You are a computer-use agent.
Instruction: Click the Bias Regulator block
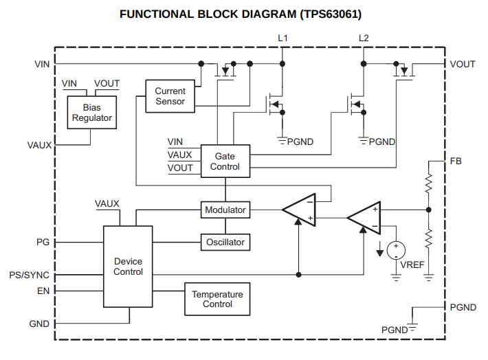click(x=92, y=113)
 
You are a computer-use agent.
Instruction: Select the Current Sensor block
click(x=170, y=96)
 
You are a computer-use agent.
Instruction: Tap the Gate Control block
click(x=225, y=161)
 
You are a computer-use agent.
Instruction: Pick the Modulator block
click(x=225, y=210)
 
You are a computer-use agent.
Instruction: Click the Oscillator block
click(x=225, y=243)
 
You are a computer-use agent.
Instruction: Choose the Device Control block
click(x=128, y=267)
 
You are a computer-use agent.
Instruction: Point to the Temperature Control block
click(x=217, y=300)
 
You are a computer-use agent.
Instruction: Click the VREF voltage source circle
click(x=396, y=250)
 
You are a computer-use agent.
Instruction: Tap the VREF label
click(x=412, y=265)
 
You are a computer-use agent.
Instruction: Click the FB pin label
click(x=456, y=161)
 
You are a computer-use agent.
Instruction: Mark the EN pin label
click(x=43, y=291)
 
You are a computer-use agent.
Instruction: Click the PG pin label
click(x=43, y=243)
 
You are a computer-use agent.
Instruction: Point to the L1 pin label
click(x=282, y=37)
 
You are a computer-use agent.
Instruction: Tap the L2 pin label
click(x=364, y=37)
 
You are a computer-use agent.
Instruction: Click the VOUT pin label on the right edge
click(x=463, y=64)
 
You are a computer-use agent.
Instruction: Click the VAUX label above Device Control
click(x=107, y=204)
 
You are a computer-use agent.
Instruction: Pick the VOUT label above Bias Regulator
click(x=107, y=83)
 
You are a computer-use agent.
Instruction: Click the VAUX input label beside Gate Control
click(x=180, y=155)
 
